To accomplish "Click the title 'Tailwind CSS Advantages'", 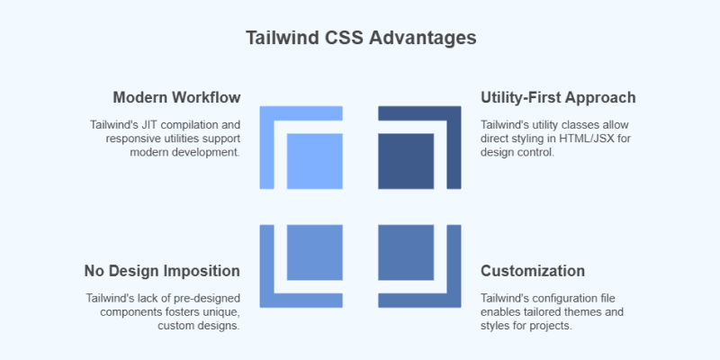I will tap(361, 39).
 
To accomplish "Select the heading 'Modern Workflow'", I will tap(176, 97).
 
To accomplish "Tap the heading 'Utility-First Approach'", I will tap(558, 97).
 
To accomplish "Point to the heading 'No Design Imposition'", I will tap(162, 271).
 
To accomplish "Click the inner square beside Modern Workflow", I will tap(314, 161).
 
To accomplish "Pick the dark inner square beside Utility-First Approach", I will tap(406, 161).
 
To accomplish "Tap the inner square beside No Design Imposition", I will tap(314, 253).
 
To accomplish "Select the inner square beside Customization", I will tap(406, 253).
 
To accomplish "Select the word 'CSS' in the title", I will tap(339, 39).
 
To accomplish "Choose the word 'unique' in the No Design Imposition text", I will tap(217, 312).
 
